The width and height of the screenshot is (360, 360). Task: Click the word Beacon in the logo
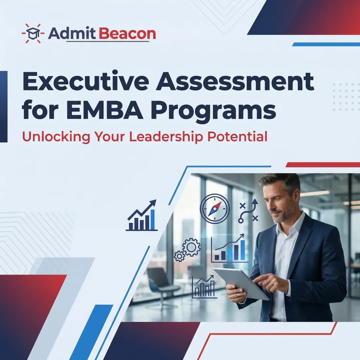tap(128, 34)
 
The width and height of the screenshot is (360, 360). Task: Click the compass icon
tap(215, 209)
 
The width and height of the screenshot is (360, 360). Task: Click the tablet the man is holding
tap(240, 283)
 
